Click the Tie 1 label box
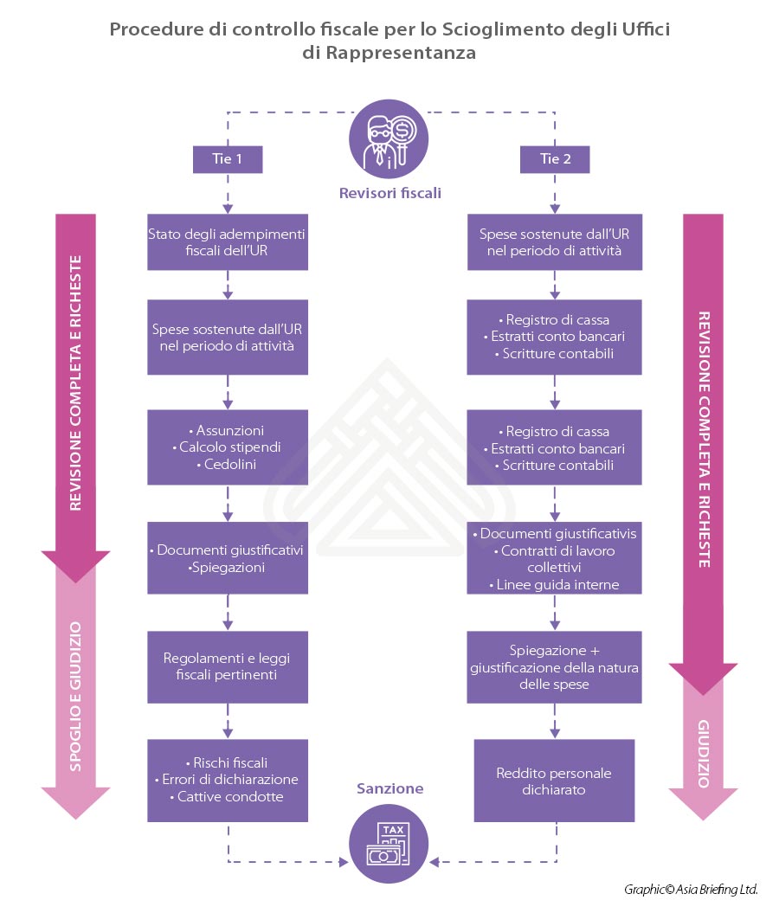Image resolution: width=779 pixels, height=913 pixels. coord(228,158)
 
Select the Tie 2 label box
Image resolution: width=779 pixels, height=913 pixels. coord(555,158)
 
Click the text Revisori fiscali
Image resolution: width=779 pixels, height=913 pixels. coord(389,193)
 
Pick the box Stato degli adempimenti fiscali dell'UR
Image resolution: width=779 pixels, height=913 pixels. coord(228,241)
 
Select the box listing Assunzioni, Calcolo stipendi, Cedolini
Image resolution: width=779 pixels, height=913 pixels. coord(228,447)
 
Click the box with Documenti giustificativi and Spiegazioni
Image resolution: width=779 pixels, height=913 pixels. coord(228,558)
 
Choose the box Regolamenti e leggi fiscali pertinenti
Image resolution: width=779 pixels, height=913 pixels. coord(228,666)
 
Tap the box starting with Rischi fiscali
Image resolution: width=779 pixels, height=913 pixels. coord(228,779)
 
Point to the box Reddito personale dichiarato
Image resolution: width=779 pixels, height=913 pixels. coord(555,781)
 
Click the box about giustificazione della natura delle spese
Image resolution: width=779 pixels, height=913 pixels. coord(555,666)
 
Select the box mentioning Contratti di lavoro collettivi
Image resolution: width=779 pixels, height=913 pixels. coord(555,559)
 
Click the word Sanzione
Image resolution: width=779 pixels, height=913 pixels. coord(390,788)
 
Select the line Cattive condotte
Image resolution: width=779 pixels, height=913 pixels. coord(228,796)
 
